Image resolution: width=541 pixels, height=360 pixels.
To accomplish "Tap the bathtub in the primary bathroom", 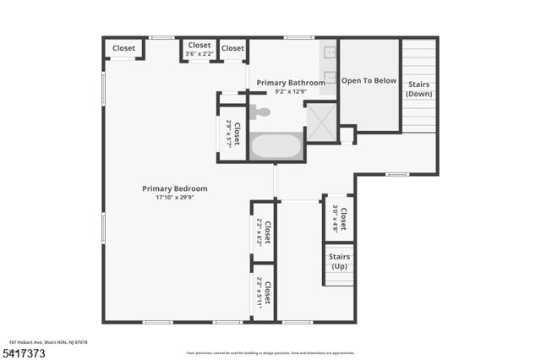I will pos(276,146).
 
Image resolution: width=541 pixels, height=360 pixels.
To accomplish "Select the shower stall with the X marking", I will pos(320,121).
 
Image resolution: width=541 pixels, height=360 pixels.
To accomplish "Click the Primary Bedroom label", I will pos(174,188).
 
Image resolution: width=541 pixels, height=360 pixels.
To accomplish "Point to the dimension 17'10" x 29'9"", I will pos(174,198).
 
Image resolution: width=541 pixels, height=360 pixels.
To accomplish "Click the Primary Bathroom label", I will pos(290,83).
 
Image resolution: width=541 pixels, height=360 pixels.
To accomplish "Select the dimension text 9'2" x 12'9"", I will pos(290,91).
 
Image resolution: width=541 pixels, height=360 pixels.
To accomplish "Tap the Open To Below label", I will pos(369,81).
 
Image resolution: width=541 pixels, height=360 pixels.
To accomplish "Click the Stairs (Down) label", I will pos(419,89).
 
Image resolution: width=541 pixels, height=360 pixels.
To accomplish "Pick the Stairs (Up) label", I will pos(339,261).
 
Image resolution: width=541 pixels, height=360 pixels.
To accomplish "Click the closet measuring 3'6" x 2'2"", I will pos(199,50).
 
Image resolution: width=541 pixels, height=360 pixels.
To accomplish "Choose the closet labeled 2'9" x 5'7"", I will pos(232,134).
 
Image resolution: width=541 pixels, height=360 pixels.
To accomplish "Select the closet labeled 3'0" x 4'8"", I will pos(339,219).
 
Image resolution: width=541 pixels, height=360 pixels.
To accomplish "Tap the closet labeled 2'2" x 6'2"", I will pos(264,232).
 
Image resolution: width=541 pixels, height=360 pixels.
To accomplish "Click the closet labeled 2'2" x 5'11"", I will pos(264,295).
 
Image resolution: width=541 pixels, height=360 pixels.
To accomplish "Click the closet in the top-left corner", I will pos(123,48).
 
